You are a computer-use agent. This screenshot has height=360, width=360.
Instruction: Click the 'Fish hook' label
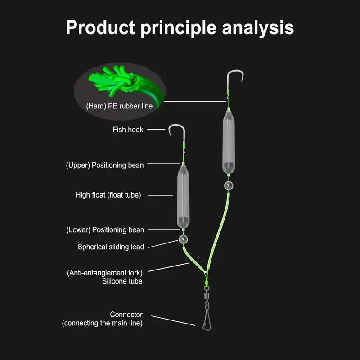tap(128, 130)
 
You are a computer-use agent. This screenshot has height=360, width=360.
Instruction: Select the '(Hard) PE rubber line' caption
tap(119, 107)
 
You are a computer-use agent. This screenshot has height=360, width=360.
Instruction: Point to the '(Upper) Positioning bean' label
tap(105, 165)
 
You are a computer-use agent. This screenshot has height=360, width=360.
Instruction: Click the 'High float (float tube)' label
tap(108, 195)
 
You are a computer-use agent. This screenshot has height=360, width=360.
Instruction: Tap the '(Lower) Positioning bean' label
tap(105, 230)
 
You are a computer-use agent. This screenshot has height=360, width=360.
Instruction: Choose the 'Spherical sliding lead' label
tap(111, 247)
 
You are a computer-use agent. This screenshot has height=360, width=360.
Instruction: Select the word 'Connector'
tap(126, 315)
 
